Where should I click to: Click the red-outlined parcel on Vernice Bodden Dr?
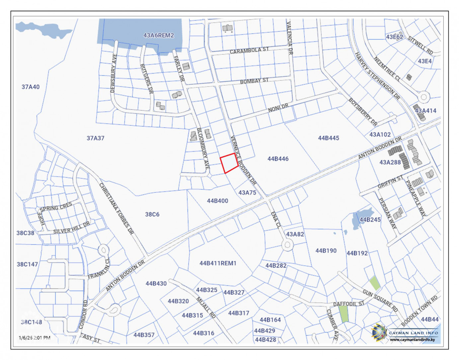[x=229, y=163]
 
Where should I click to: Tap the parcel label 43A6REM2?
[x=158, y=35]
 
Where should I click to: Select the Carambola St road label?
[x=249, y=50]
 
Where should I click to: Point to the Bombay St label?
[x=254, y=81]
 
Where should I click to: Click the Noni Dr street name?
[x=278, y=108]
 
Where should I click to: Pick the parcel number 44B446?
[x=278, y=159]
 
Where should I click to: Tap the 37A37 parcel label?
[x=95, y=138]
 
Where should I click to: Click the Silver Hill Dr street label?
[x=72, y=228]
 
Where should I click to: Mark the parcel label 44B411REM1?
[x=218, y=263]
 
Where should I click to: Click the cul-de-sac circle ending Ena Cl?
[x=287, y=245]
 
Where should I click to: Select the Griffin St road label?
[x=390, y=182]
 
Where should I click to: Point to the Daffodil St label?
[x=348, y=304]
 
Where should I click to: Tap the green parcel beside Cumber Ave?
[x=344, y=314]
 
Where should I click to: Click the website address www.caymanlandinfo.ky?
[x=413, y=339]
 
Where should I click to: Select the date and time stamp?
[x=35, y=338]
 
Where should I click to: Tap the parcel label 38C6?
[x=152, y=214]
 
